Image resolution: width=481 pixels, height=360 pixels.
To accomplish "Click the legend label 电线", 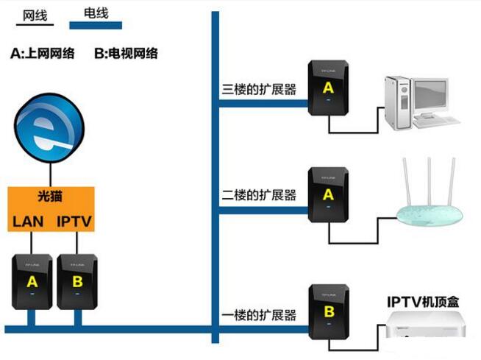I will [x=95, y=13].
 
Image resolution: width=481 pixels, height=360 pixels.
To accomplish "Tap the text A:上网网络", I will [x=43, y=53].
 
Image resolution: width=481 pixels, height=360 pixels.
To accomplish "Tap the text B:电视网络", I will [x=126, y=53].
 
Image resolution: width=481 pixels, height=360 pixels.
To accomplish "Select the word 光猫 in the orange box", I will [x=51, y=197].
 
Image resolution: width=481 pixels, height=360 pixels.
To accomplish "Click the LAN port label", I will [x=28, y=221].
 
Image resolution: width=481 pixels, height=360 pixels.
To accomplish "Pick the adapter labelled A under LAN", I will [x=32, y=280].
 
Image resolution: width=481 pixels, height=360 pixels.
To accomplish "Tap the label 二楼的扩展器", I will [x=259, y=195].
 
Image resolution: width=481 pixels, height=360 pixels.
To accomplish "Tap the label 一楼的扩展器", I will [x=259, y=315].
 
